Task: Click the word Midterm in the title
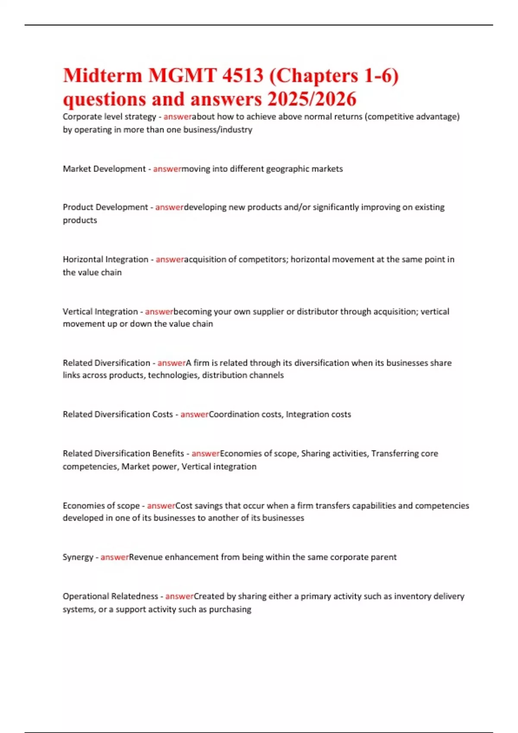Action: coord(102,76)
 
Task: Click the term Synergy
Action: coord(78,557)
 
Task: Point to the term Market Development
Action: coord(104,169)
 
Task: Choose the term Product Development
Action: coord(105,207)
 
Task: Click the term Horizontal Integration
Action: coord(105,259)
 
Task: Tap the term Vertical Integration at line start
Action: coord(100,311)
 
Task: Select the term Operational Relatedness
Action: coord(110,596)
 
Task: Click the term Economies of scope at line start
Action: coord(101,505)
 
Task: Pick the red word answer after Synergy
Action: coord(114,557)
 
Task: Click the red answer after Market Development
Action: coord(167,169)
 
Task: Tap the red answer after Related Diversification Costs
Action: coord(194,414)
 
